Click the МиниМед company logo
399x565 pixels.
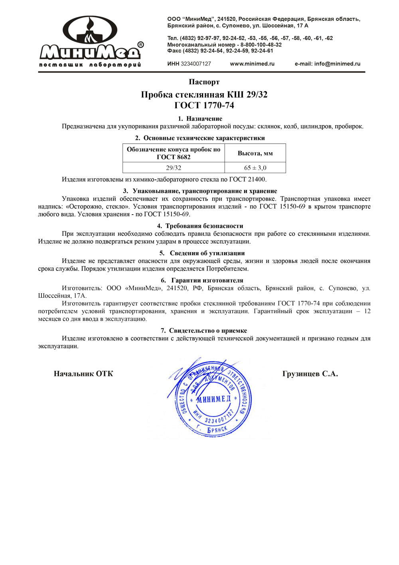[91, 42]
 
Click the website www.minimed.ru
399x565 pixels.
[252, 64]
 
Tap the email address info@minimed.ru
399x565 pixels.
[337, 64]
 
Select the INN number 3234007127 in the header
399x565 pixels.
[196, 64]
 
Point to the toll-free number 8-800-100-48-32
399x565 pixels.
[261, 45]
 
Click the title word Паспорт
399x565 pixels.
[204, 82]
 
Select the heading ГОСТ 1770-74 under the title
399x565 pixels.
[204, 105]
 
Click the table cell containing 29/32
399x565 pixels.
[174, 168]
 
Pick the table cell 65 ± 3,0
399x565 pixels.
[255, 168]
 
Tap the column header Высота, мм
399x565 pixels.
[255, 153]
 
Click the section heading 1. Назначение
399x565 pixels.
[200, 119]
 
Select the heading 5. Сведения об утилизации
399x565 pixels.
[202, 253]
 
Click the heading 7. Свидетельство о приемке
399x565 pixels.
[204, 330]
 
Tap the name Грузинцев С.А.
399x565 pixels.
[310, 374]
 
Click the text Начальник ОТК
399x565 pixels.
[83, 374]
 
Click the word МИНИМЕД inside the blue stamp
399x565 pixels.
[213, 399]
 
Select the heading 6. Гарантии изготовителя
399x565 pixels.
[202, 280]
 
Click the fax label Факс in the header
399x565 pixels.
[174, 51]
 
